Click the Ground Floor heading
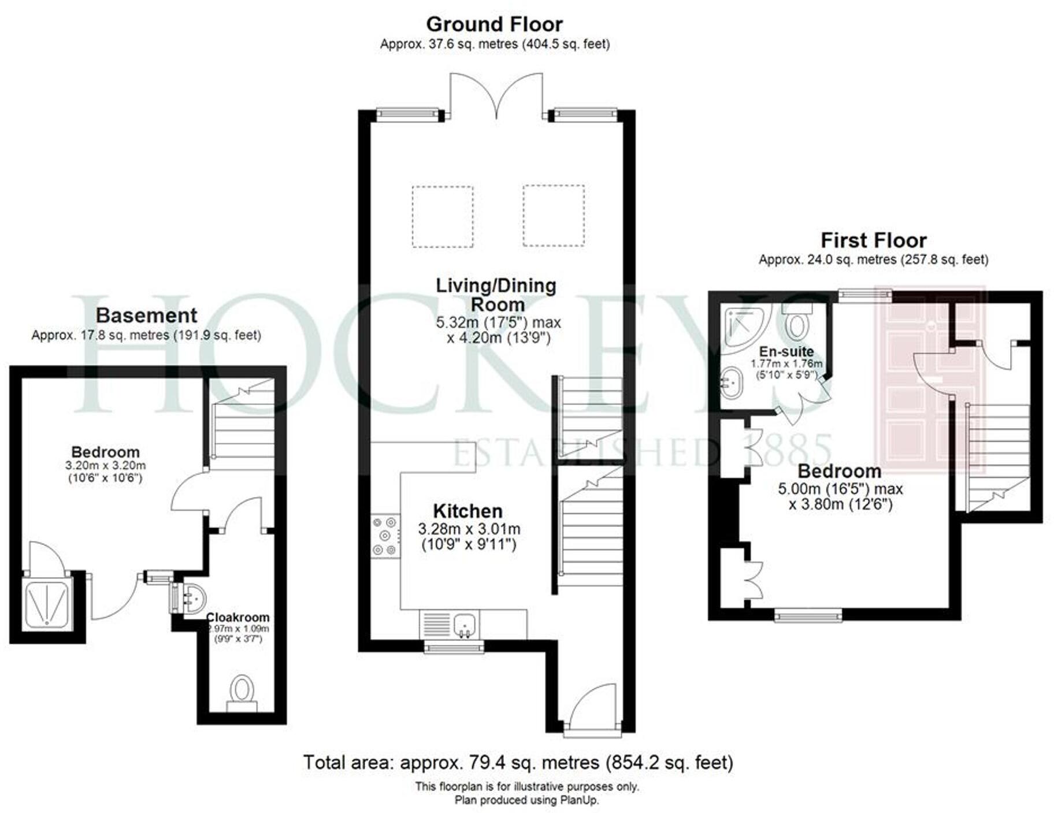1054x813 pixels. point(494,24)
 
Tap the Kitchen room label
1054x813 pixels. point(467,511)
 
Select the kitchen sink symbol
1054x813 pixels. point(465,625)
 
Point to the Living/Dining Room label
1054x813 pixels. point(496,295)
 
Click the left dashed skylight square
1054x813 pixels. point(443,217)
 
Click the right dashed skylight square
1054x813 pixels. point(554,216)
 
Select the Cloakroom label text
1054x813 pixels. point(237,617)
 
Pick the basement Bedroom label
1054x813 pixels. point(105,452)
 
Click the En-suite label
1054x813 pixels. point(786,351)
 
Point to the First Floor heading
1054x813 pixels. point(873,240)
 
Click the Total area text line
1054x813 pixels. point(518,763)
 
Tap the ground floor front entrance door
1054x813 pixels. point(592,708)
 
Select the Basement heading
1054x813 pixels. point(146,315)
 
